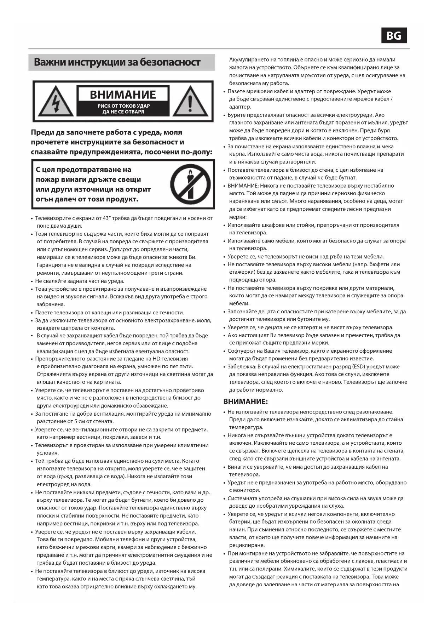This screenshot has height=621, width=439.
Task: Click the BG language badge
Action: (394, 35)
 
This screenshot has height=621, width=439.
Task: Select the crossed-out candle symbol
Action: (190, 184)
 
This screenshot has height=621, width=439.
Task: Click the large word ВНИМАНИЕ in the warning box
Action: (123, 95)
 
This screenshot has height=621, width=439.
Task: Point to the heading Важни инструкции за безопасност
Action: (117, 62)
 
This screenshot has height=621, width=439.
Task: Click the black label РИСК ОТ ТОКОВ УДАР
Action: (123, 106)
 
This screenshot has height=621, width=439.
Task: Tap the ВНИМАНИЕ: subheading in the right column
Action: (246, 401)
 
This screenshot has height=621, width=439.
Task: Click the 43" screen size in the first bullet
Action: (107, 218)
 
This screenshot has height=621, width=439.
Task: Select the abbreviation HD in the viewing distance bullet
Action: (156, 359)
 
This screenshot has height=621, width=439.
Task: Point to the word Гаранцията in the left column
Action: (51, 265)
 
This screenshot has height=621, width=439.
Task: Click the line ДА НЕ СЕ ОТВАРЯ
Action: (123, 112)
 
